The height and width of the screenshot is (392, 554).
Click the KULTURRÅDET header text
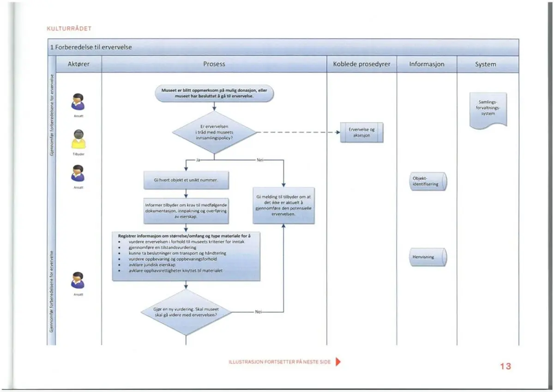coord(69,29)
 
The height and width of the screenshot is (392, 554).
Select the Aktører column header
coord(78,64)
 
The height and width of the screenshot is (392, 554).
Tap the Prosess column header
coord(214,64)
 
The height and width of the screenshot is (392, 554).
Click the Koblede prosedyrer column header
coord(361,64)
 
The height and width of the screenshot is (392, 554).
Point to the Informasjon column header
coord(427,64)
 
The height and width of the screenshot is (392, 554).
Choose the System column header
coord(486,64)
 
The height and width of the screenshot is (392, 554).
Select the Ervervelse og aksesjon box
coord(361,133)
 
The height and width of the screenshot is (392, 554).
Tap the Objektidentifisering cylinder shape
coord(428,181)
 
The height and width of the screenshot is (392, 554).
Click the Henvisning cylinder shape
coord(428,257)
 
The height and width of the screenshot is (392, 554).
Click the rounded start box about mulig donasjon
coord(214,93)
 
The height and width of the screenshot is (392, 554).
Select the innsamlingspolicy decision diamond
coord(214,133)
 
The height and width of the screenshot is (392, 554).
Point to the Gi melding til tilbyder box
coord(283,205)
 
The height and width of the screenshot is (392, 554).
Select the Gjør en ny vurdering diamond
coord(186,312)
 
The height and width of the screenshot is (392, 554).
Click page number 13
coord(506,366)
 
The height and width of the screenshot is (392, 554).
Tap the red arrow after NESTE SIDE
coord(338,362)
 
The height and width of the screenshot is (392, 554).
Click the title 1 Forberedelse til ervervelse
coord(91,47)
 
